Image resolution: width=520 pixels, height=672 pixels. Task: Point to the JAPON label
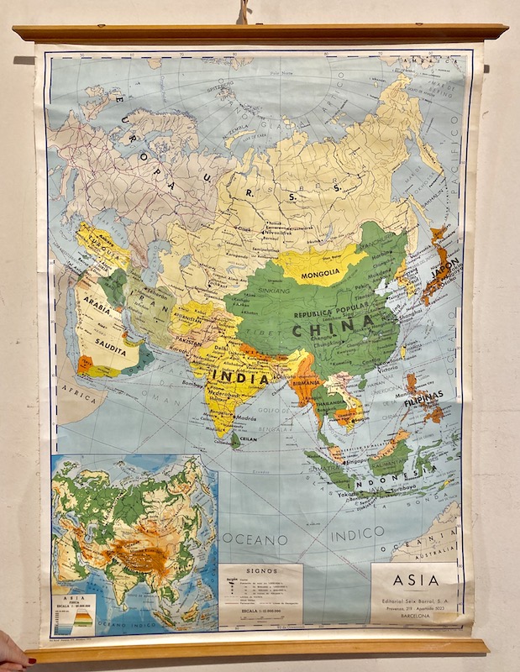(x=444, y=273)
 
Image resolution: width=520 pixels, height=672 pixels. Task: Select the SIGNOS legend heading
(x=260, y=568)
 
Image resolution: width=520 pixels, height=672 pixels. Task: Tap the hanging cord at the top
(x=244, y=12)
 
